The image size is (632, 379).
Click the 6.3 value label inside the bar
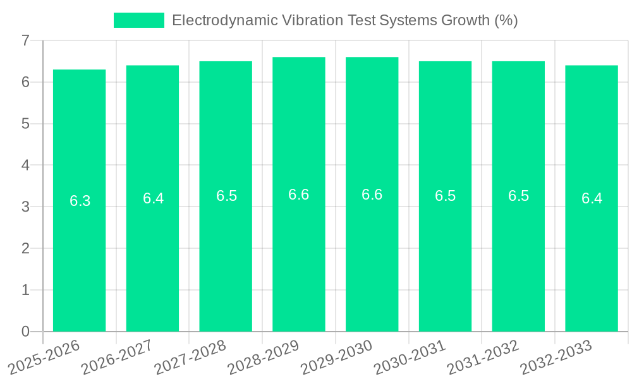tap(80, 201)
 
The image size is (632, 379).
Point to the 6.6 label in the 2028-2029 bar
tap(298, 195)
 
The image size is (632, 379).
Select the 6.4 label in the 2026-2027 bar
tap(153, 198)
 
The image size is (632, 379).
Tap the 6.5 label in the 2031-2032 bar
tap(518, 196)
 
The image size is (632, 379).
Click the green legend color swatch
tap(138, 20)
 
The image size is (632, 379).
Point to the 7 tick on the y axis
tap(25, 40)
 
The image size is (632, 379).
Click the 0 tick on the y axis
tap(25, 332)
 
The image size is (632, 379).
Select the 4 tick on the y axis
tap(25, 165)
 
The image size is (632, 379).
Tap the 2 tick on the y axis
tap(25, 248)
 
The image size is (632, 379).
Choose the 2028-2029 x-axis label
tap(263, 356)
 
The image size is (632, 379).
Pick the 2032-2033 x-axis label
tap(556, 356)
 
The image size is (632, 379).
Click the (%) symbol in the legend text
tap(506, 20)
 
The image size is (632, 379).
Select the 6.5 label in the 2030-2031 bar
tap(445, 196)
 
